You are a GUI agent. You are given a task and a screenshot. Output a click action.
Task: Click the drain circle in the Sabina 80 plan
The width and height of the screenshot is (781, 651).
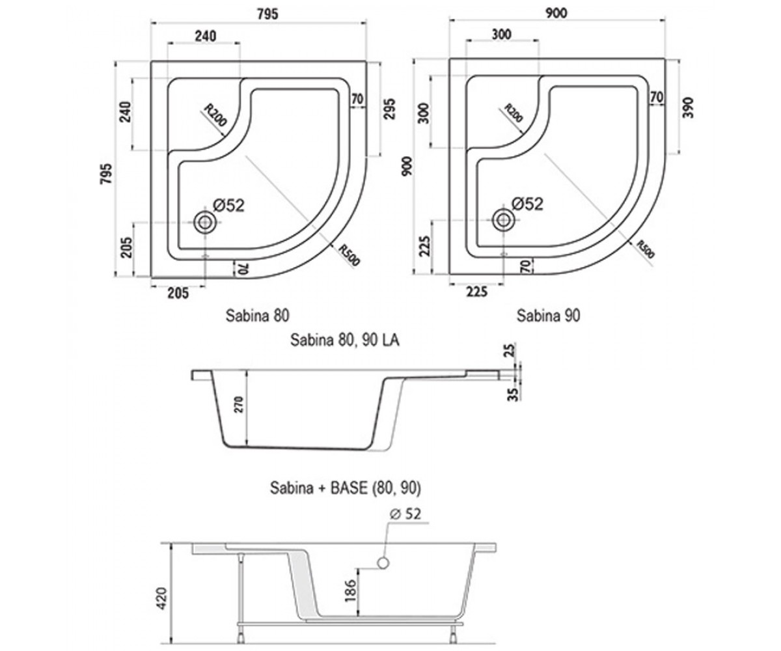click(x=204, y=223)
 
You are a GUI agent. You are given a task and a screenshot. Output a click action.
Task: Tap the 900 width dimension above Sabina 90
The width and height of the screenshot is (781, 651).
click(x=556, y=13)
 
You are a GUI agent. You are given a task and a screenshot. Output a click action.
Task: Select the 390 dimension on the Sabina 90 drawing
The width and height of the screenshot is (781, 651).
click(x=688, y=108)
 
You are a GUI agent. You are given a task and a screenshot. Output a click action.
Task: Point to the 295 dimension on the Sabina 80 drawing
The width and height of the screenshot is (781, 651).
click(x=389, y=109)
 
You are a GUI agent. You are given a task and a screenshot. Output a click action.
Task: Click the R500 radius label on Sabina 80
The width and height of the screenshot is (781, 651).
click(x=349, y=256)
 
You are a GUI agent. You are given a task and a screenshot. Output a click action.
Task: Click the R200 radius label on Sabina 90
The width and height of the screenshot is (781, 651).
click(x=514, y=113)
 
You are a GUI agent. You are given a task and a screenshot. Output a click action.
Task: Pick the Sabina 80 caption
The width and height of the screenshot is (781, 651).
click(x=257, y=315)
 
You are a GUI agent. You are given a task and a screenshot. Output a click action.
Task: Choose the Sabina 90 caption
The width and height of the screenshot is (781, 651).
click(x=549, y=315)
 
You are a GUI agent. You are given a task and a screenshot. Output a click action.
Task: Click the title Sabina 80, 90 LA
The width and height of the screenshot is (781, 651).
click(x=344, y=340)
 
